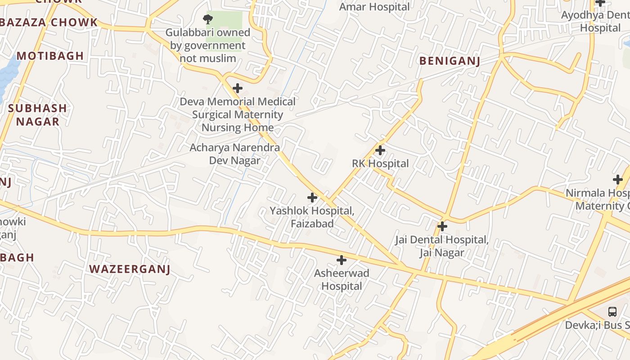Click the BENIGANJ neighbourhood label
[450, 61]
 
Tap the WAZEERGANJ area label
[130, 269]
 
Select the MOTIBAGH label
[50, 56]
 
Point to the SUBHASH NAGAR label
[37, 115]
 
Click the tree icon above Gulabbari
[207, 19]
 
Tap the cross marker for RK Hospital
[380, 150]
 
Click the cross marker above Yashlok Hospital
[312, 197]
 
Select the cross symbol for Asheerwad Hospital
[342, 260]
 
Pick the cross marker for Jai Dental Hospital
[442, 226]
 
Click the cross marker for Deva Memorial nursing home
[238, 88]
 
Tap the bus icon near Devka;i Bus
[612, 311]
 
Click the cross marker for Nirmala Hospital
[618, 180]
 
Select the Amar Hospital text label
[374, 7]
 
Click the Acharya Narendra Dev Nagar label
[234, 154]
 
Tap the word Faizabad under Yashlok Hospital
[312, 224]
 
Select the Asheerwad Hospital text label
[342, 279]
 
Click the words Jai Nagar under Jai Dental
[441, 252]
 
